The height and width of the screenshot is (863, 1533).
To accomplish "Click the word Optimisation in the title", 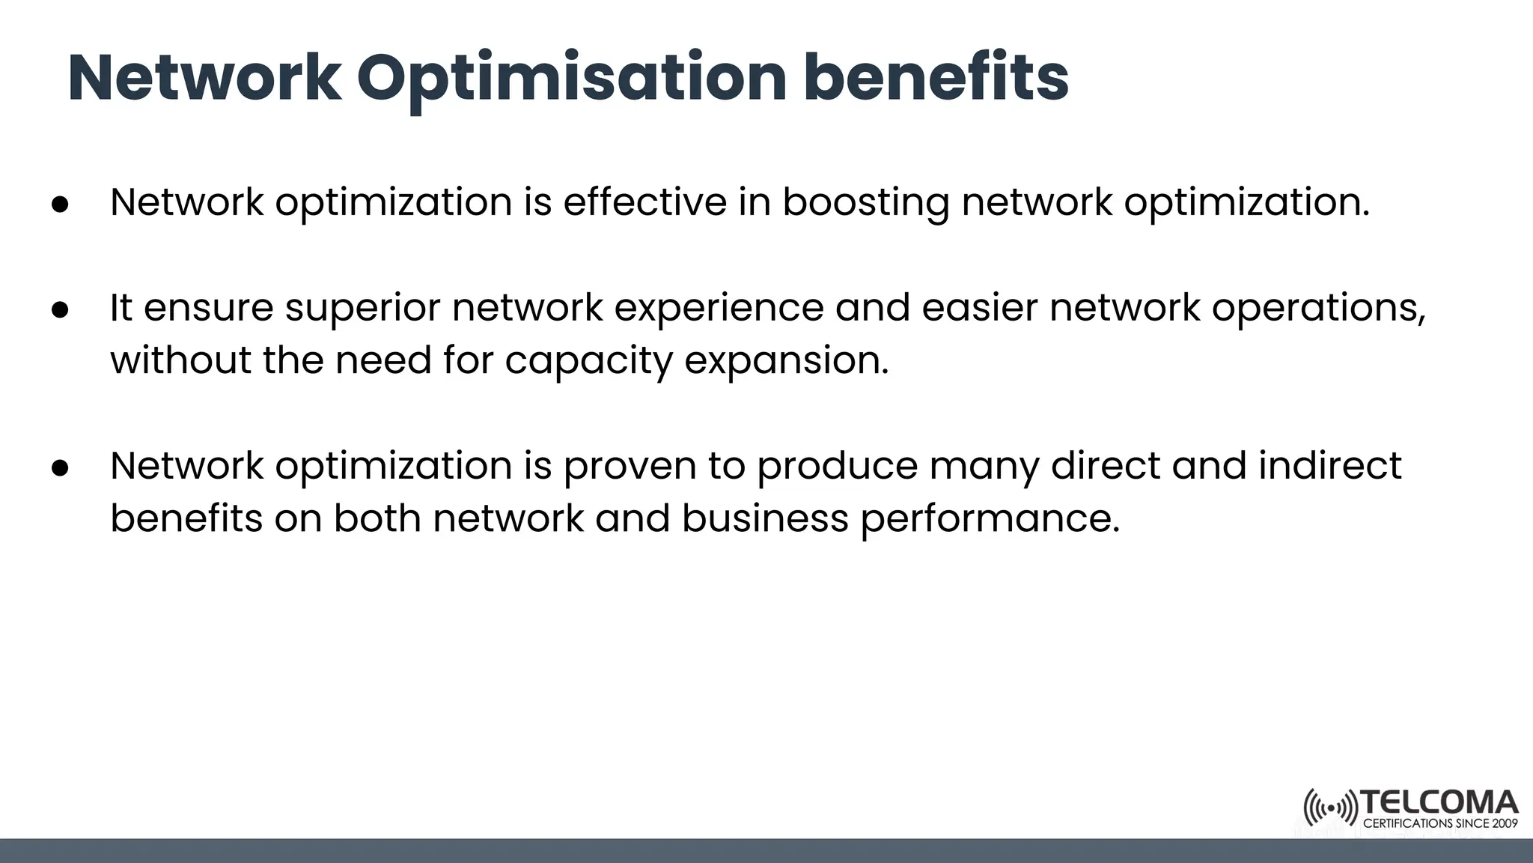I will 571,79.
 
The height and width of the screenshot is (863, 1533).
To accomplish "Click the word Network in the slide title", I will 204,78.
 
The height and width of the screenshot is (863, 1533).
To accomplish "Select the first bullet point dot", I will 60,205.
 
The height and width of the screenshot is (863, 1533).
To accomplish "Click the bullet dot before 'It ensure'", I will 60,310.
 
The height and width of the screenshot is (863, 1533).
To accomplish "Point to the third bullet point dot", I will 60,468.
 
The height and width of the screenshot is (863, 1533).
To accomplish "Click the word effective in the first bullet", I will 644,202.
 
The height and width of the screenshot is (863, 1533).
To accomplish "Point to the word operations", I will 1318,309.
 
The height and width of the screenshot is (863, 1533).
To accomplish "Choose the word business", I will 765,518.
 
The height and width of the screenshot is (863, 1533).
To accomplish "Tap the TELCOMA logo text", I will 1439,803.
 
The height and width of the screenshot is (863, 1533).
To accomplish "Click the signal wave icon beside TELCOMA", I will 1330,808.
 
